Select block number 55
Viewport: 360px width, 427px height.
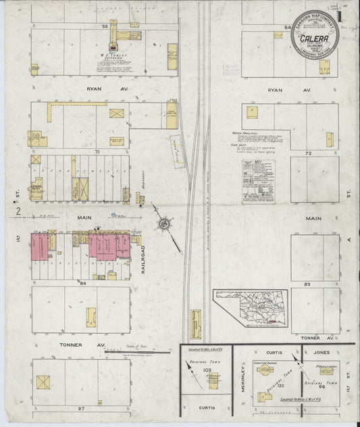(x=105, y=26)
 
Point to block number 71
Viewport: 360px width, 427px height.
(x=98, y=153)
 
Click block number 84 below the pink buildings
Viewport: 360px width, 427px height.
(x=83, y=282)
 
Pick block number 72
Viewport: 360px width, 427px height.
(x=308, y=154)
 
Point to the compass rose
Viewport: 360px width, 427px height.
(x=164, y=224)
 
